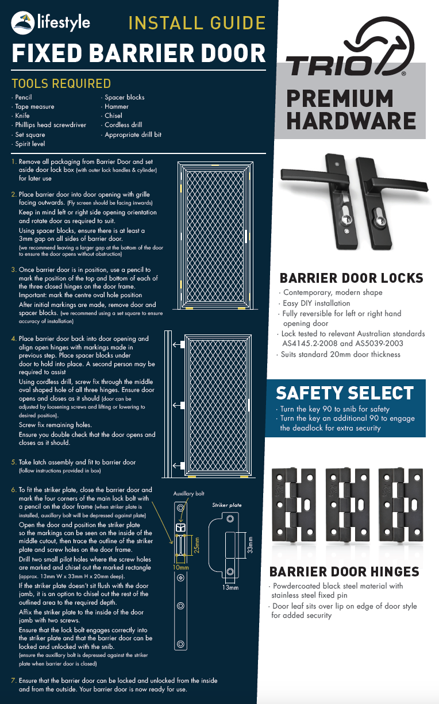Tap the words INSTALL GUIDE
(197, 23)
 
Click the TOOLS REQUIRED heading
(61, 84)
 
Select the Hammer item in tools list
(117, 106)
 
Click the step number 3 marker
(14, 270)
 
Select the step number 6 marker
(14, 490)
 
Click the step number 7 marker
(14, 680)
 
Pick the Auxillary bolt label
(189, 494)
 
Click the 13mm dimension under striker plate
(230, 588)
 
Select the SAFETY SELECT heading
(345, 393)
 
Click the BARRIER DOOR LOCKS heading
(351, 278)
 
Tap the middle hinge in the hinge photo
(347, 505)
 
